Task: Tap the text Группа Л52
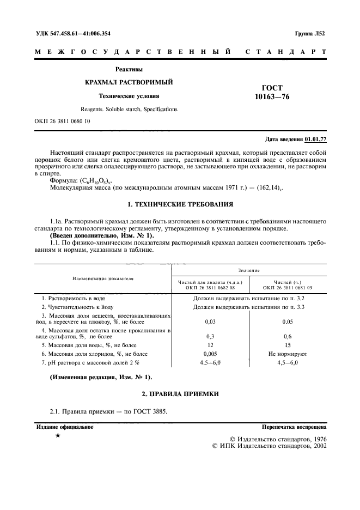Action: click(310, 33)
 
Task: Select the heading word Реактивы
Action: click(129, 69)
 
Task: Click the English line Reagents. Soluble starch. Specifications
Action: click(129, 109)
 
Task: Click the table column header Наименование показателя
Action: click(103, 278)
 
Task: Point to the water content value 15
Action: click(288, 345)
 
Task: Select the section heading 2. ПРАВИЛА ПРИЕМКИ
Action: click(180, 394)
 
